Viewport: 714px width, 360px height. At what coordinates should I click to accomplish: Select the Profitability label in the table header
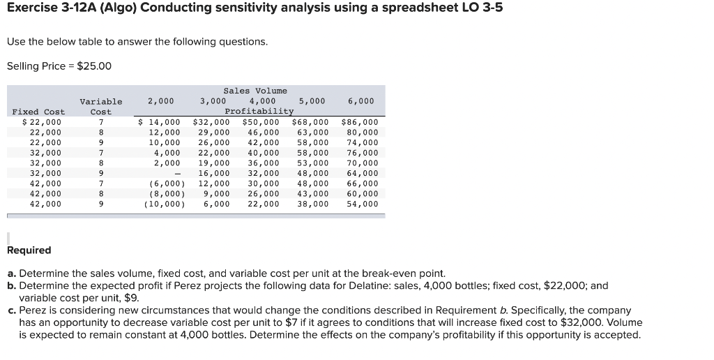click(259, 112)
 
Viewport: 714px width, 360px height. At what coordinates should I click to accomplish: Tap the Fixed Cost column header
click(38, 112)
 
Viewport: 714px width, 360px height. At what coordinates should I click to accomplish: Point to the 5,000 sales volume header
click(312, 101)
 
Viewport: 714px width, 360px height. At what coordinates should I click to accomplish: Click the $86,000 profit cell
click(360, 122)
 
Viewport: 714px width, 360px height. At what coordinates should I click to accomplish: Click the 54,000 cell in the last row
click(363, 204)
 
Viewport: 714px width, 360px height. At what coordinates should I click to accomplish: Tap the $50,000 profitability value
click(261, 122)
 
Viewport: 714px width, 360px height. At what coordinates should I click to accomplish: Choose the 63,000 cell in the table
click(312, 133)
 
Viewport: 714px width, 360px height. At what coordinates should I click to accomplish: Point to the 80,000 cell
click(363, 133)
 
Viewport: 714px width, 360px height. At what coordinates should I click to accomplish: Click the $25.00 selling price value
click(93, 66)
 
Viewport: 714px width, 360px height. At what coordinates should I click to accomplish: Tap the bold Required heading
click(29, 250)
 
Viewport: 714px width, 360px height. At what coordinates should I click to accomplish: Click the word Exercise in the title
click(31, 8)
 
